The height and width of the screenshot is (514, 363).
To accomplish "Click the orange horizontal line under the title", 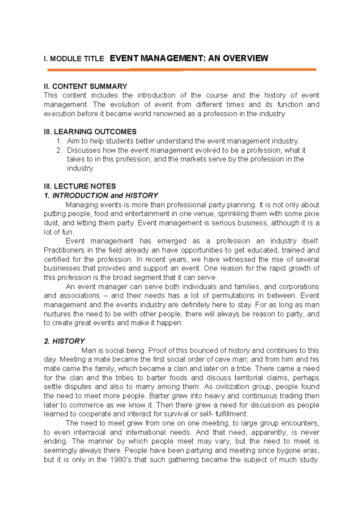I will (x=181, y=70).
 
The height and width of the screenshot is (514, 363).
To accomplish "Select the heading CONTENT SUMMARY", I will (x=90, y=86).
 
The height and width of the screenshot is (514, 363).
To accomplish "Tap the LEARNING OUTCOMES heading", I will (x=95, y=132).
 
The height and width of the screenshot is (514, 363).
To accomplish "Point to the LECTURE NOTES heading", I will (x=85, y=186).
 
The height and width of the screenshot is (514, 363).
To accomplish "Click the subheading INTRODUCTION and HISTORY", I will (x=105, y=195).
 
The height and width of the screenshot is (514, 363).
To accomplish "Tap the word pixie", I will (x=312, y=214).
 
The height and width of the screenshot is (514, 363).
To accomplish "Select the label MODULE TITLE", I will (x=77, y=59).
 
